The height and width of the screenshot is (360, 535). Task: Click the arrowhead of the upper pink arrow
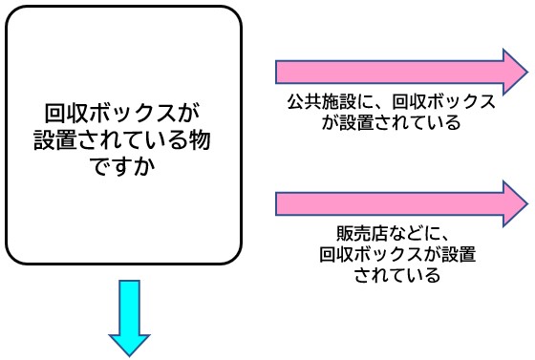pos(514,72)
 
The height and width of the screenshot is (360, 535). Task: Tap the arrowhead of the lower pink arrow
pos(514,202)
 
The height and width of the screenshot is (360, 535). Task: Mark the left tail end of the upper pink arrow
pos(279,72)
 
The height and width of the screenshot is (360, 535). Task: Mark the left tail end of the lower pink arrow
pos(279,202)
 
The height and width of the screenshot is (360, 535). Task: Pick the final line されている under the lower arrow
pos(396,276)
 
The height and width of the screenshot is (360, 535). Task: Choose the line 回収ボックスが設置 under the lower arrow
pos(396,255)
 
